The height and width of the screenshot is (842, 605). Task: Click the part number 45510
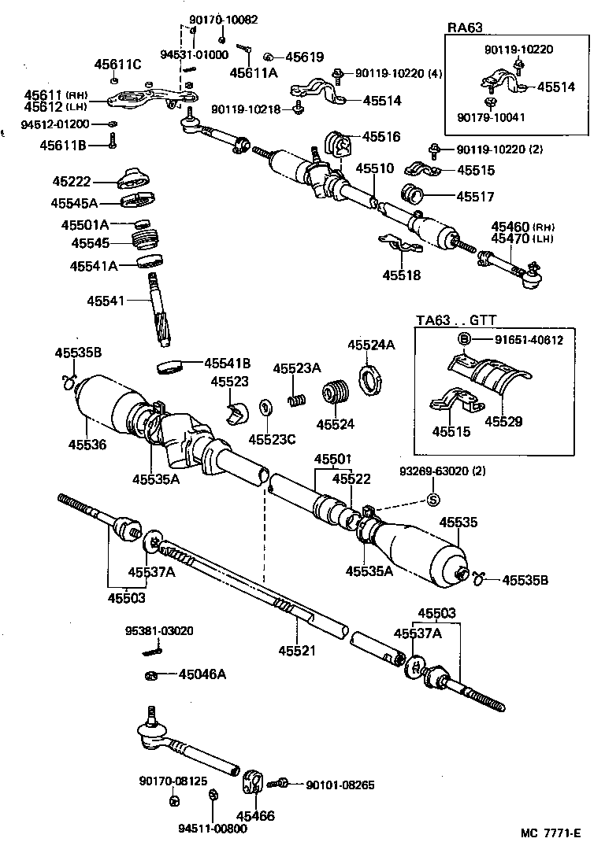[x=373, y=168]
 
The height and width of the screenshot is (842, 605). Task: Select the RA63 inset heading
[x=465, y=27]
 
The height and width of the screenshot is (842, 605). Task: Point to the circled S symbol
[x=432, y=499]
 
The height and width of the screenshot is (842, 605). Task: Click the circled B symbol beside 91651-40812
[x=465, y=339]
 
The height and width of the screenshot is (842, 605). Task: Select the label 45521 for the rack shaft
[x=297, y=650]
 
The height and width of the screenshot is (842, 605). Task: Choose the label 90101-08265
[x=340, y=784]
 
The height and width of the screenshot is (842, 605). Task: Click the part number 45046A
[x=202, y=674]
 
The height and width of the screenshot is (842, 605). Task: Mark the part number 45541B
[x=227, y=363]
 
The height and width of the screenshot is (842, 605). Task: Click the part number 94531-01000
[x=194, y=54]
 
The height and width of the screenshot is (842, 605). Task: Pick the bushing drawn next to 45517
[x=414, y=193]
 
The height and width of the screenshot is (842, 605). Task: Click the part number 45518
[x=402, y=275]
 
